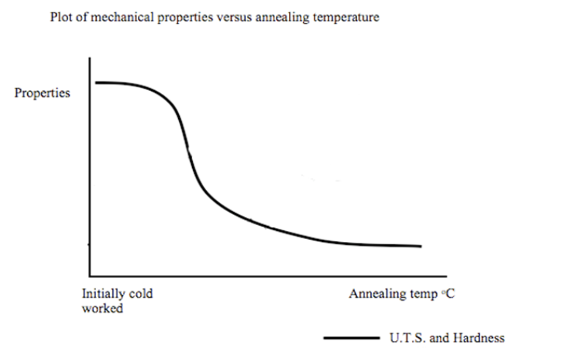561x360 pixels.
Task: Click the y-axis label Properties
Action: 43,93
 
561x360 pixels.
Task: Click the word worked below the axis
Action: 102,309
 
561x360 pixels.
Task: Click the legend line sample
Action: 349,338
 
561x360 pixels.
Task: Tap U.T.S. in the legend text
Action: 406,338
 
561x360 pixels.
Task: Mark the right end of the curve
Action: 421,246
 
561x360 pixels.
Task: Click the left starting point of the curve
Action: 96,82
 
